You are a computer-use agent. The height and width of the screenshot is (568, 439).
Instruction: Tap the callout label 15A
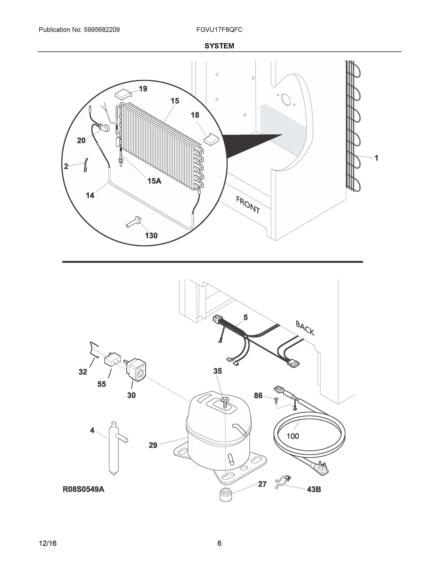tap(154, 181)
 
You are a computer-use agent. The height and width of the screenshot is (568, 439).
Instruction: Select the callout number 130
tap(151, 236)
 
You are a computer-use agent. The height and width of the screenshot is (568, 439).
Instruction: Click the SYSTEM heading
tap(219, 46)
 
